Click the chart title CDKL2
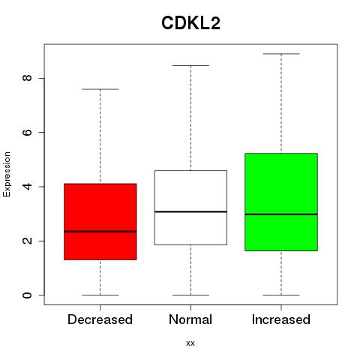tap(190, 23)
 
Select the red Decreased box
tap(100, 222)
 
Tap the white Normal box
tap(190, 208)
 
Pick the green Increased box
tap(281, 202)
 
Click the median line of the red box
tap(100, 232)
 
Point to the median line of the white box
tap(190, 211)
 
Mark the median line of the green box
tap(281, 214)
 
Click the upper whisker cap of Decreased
tap(100, 89)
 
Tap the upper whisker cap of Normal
tap(190, 65)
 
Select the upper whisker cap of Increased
tap(281, 54)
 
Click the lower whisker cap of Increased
tap(281, 295)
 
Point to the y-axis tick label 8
tap(27, 78)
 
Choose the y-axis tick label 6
tap(27, 132)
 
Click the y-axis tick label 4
tap(27, 187)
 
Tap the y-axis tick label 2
tap(27, 241)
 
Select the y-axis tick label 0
tap(27, 295)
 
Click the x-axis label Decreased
tap(100, 319)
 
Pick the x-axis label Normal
tap(190, 319)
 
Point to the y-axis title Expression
tap(7, 174)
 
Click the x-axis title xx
tap(190, 343)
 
